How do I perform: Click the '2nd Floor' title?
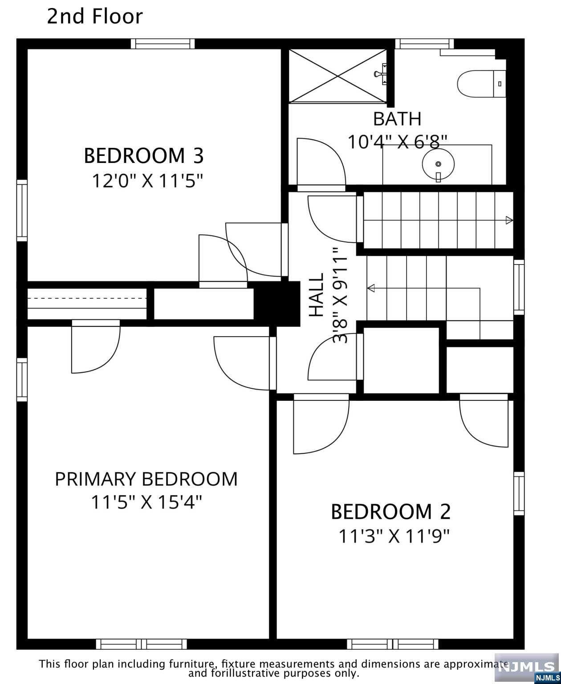tap(95, 17)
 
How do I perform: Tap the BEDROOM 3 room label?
tap(143, 156)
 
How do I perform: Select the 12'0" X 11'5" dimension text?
tap(147, 181)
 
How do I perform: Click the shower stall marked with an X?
tap(337, 76)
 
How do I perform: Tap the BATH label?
tap(397, 119)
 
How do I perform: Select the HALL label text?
tap(317, 295)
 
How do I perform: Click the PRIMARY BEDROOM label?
tap(146, 479)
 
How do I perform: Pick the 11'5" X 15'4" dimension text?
tap(146, 503)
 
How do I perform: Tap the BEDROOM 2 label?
tap(390, 512)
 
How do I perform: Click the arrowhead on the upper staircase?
tap(509, 220)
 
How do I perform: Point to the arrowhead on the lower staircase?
tap(370, 289)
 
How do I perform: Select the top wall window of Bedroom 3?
tap(163, 44)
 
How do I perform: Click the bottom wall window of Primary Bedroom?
tap(142, 644)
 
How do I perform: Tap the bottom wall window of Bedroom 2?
tap(393, 644)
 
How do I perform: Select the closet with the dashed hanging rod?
tap(87, 304)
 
